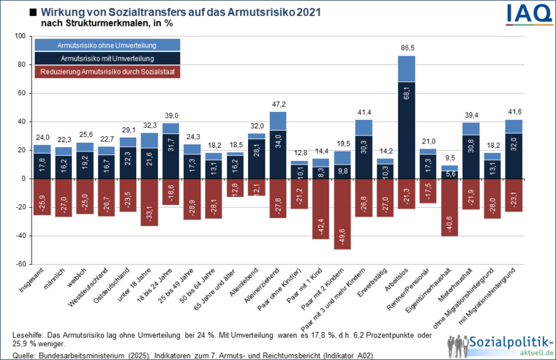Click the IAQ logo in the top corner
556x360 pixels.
(x=525, y=14)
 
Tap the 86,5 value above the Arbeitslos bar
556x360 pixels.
(x=407, y=48)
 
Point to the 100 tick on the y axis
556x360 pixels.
(x=20, y=36)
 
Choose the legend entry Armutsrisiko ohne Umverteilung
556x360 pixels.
(x=106, y=45)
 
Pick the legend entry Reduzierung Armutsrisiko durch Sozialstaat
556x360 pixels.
(x=106, y=72)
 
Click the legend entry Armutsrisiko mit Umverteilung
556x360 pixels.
(x=106, y=58)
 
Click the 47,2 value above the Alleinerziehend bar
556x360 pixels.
(x=278, y=104)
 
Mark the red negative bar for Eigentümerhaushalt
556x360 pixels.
(x=449, y=207)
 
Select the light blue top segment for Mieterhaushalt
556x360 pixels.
(x=471, y=128)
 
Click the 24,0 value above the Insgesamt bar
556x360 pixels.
(x=42, y=137)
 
